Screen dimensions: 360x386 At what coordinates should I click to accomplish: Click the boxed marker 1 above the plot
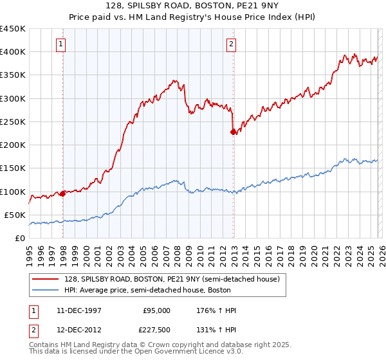[60, 44]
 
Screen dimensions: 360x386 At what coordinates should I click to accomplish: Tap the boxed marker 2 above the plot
[230, 44]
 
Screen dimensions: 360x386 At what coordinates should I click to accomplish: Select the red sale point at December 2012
[233, 132]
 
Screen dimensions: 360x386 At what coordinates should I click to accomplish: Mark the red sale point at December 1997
[62, 194]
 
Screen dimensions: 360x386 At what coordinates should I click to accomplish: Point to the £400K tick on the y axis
[14, 52]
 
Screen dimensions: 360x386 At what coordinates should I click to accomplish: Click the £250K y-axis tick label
[14, 122]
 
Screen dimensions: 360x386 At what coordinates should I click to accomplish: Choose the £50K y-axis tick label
[16, 215]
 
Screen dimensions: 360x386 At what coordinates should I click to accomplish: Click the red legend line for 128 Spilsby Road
[44, 280]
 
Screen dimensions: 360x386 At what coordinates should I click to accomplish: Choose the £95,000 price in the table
[156, 310]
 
